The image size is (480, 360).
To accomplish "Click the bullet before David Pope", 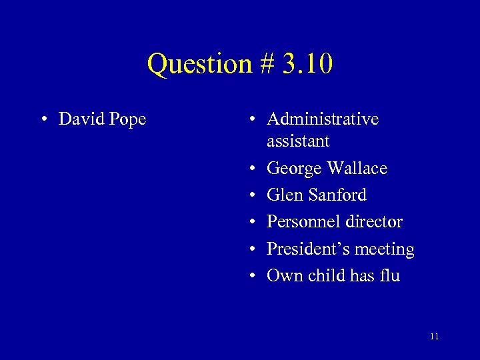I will coord(43,120).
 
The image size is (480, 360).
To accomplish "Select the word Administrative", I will coord(323,119).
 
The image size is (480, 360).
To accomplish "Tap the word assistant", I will coord(298,141).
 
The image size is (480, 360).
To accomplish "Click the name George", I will coord(294,169).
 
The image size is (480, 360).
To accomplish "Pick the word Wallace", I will coord(357,169).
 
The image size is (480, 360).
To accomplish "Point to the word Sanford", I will coord(337,195).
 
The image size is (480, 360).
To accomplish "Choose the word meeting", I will coord(385,249).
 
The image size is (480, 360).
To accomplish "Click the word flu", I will coord(388,275).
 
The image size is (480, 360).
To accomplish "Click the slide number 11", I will coord(434,336).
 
